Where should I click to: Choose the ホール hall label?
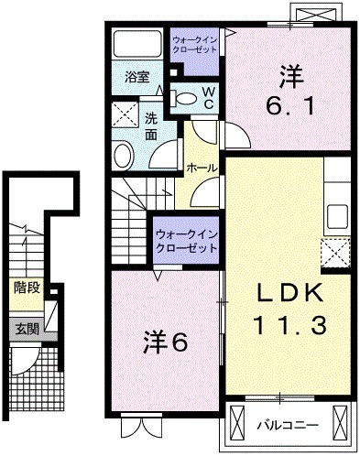tap(202, 168)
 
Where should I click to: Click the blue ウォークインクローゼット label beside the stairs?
tap(187, 241)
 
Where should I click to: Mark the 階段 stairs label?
tap(26, 288)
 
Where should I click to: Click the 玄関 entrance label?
tap(26, 328)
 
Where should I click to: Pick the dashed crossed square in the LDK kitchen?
tap(334, 250)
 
